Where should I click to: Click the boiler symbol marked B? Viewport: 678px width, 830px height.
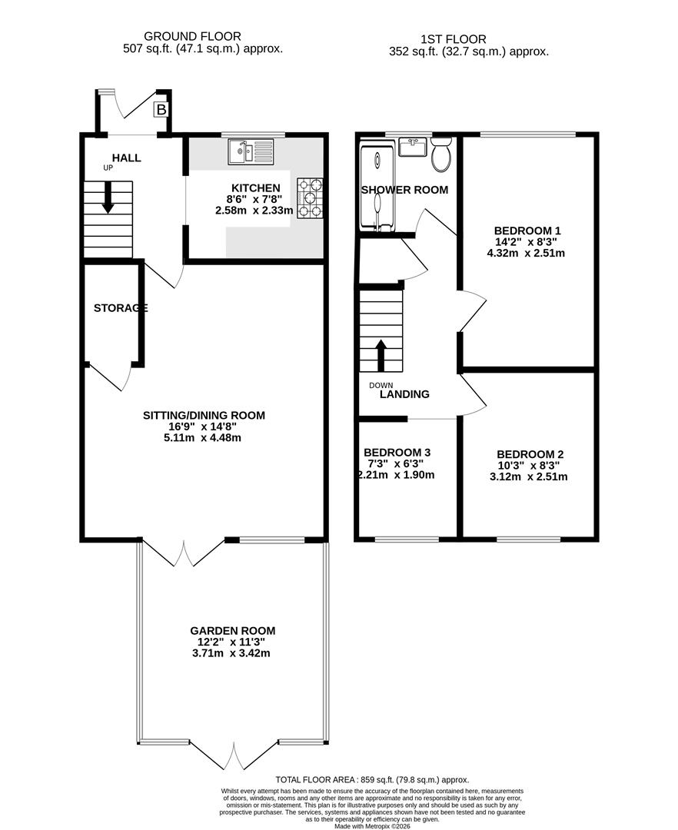161,110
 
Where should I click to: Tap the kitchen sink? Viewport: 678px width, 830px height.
251,151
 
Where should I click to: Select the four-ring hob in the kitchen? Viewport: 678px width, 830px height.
311,198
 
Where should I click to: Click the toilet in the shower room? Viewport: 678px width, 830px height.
441,156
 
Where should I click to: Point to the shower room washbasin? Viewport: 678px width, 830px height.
413,146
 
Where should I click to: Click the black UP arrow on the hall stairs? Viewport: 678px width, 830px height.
108,197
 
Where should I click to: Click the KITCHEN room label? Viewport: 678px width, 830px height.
256,188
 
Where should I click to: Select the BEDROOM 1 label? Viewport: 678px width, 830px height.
527,230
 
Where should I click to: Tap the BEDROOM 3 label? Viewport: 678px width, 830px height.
397,452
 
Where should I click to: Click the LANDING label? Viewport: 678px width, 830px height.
404,394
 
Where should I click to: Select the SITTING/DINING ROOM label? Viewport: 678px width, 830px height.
204,415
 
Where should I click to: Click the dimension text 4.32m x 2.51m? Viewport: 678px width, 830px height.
527,253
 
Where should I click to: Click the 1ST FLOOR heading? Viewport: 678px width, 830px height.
454,39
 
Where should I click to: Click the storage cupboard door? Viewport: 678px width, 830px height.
107,376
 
